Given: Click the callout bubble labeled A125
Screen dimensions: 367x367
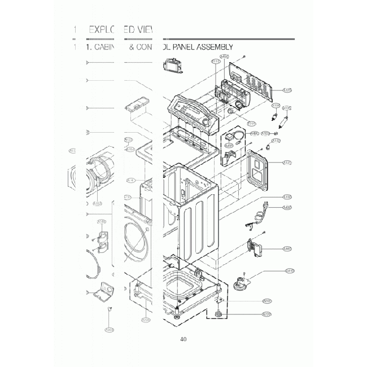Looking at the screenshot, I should click(287, 90).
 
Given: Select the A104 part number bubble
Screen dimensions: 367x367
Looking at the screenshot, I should click(276, 105).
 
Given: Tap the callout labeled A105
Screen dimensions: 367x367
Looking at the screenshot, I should click(287, 107).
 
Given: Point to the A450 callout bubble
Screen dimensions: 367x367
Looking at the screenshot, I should click(224, 57).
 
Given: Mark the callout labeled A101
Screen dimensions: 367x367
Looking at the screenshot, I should click(287, 163).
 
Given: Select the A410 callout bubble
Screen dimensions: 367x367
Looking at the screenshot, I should click(290, 270).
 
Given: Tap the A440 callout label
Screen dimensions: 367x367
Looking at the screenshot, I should click(287, 248).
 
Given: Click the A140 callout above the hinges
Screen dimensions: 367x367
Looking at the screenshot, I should click(102, 221).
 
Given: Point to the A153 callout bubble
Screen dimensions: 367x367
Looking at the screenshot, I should click(97, 203).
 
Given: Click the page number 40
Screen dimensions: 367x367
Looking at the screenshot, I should click(183, 339).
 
